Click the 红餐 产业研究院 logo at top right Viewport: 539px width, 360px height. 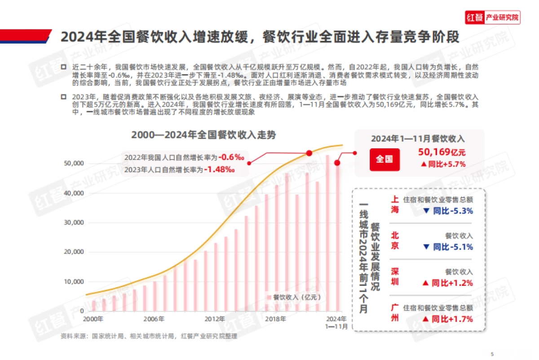point(492,18)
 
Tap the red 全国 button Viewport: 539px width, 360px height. point(384,159)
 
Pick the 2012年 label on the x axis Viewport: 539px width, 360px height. point(215,319)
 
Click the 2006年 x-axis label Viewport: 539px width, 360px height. point(154,319)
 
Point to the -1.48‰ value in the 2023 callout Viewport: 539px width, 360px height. point(220,169)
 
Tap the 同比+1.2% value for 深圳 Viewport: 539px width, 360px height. point(447,283)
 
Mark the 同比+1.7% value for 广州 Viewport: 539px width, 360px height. point(447,319)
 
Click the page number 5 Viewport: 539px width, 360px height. point(492,353)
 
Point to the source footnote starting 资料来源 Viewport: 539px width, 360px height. point(148,336)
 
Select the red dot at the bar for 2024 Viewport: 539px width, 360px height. point(337,163)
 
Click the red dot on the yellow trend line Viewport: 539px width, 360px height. point(309,153)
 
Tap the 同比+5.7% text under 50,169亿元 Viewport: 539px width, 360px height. point(443,164)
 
